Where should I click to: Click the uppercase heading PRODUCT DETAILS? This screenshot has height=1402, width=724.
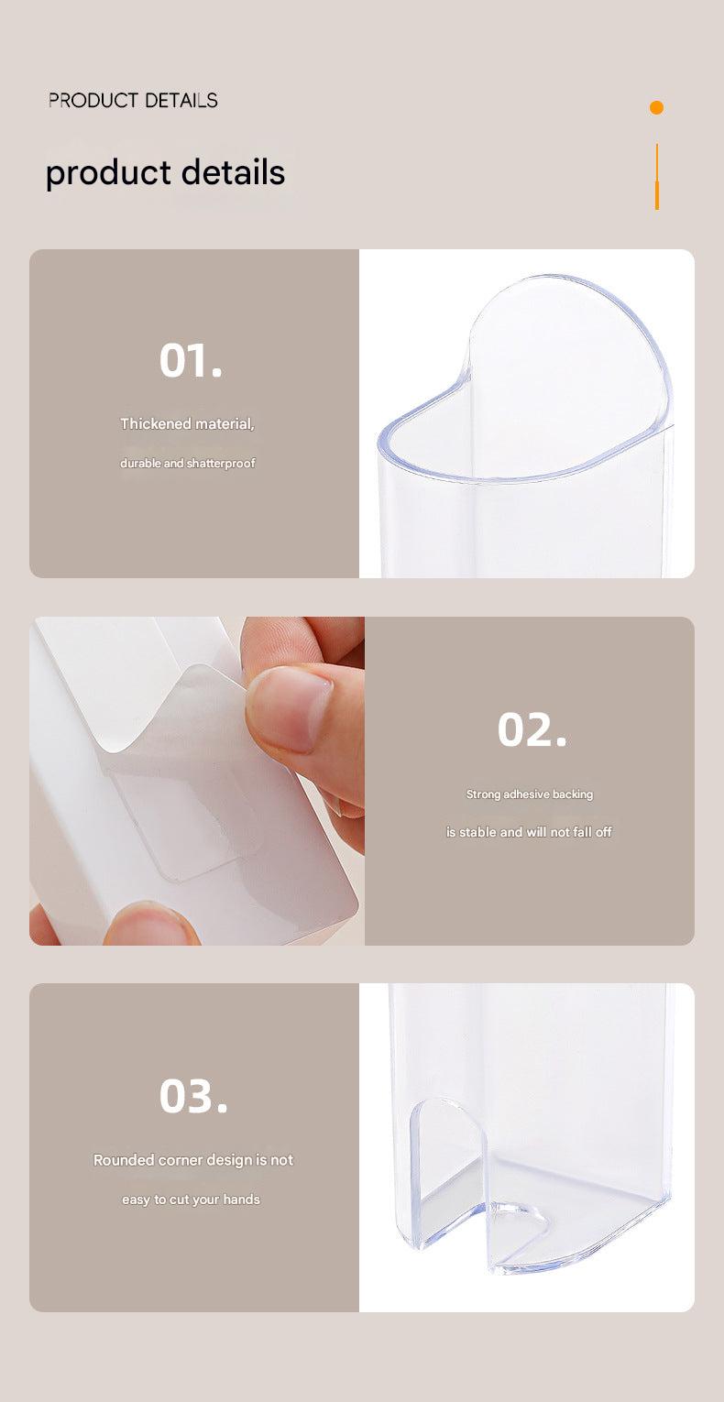coord(133,100)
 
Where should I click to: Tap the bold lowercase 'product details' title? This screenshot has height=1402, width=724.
coord(165,173)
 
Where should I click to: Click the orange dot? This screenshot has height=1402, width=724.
coord(656,107)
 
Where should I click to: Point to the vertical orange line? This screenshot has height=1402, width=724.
coord(656,177)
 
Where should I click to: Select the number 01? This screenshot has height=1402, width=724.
coord(191,360)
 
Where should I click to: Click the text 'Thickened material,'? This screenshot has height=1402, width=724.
coord(187,423)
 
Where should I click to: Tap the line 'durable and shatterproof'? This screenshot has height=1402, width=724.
coord(188,463)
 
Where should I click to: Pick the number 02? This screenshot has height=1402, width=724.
coord(532,729)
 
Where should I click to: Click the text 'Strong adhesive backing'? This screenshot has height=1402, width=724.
coord(530,794)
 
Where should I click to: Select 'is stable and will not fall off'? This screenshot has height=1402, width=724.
coord(529,832)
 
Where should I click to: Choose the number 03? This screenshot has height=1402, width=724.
coord(193,1096)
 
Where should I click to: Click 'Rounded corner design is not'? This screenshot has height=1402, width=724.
coord(193,1160)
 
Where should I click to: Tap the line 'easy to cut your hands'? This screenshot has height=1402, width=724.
coord(191,1199)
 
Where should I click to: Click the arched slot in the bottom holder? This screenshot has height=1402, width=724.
coord(449,1164)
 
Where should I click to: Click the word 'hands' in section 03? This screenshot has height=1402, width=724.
coord(242,1199)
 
